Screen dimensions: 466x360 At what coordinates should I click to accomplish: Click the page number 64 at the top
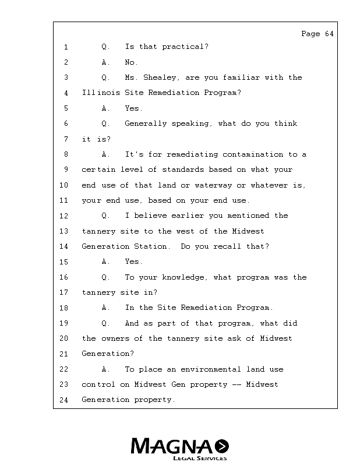(x=329, y=34)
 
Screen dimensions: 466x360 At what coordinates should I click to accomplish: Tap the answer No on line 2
(x=131, y=62)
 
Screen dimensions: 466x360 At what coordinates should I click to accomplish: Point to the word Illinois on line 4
(x=101, y=93)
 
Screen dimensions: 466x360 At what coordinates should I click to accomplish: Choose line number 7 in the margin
(x=66, y=139)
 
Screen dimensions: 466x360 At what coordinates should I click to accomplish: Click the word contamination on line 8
(x=255, y=154)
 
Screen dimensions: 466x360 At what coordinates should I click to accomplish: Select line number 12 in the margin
(x=64, y=216)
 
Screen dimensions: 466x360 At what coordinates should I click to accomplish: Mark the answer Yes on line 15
(x=133, y=262)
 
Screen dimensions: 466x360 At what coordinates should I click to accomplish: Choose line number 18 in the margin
(x=64, y=308)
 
